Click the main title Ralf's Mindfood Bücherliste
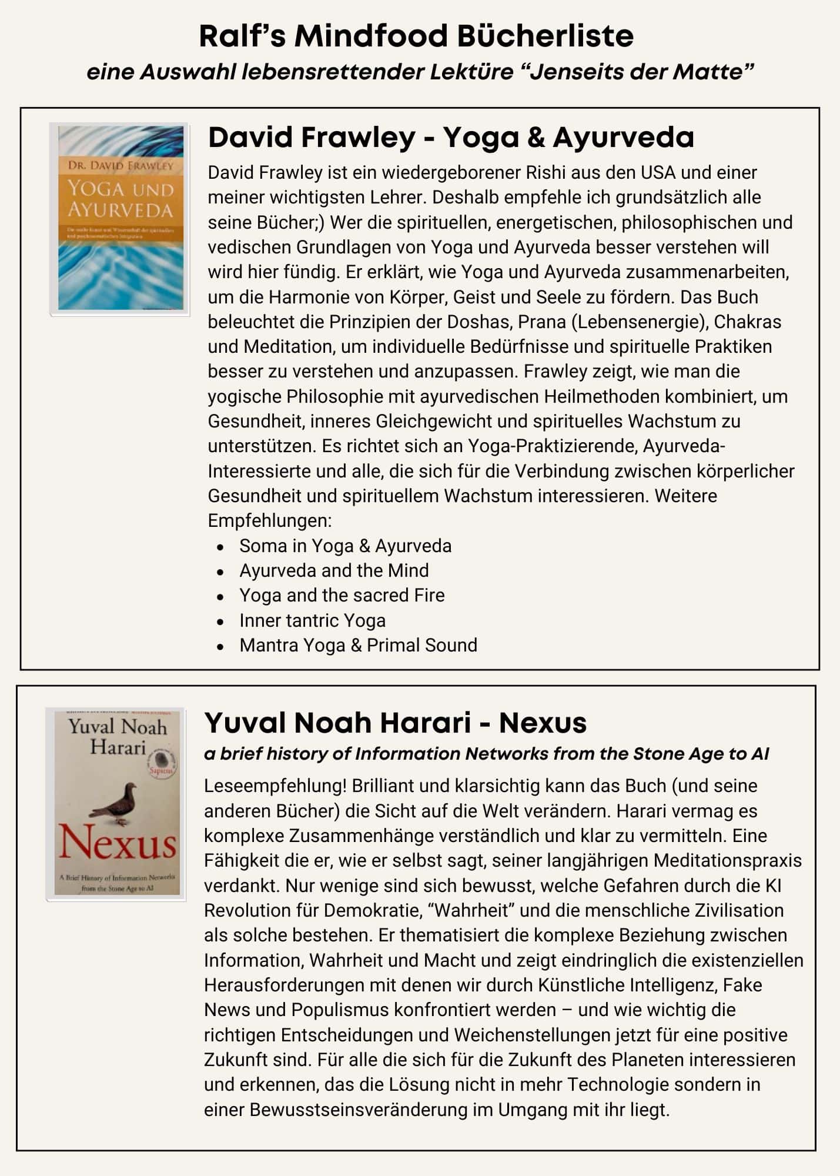pos(416,36)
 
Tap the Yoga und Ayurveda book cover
pos(120,219)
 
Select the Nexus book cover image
pos(116,804)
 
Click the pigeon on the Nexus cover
pos(115,802)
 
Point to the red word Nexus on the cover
pos(117,844)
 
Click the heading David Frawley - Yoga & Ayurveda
pos(451,137)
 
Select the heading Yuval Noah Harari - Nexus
pos(395,723)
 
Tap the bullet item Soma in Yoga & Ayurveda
pos(345,546)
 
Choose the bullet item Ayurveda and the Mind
pos(333,570)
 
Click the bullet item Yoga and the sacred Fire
pos(342,595)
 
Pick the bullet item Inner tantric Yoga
pos(312,620)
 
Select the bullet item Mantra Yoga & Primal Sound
pos(358,645)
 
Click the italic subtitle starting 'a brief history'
pos(486,754)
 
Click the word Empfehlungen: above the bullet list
pos(270,520)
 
